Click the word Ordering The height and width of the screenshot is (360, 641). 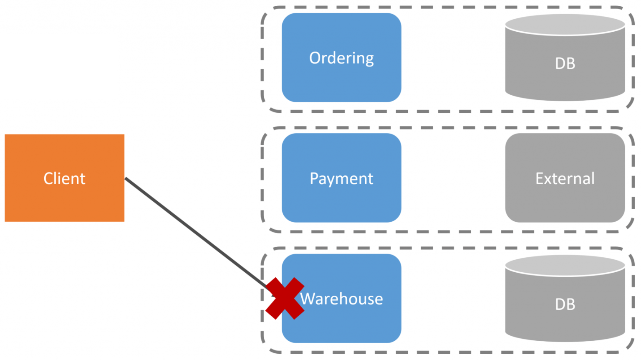[x=341, y=58]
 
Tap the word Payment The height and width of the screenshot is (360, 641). [x=341, y=179]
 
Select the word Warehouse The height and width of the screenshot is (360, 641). [x=342, y=299]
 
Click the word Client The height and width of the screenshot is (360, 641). [x=64, y=179]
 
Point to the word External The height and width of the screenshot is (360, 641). [x=565, y=179]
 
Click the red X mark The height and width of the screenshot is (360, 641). [x=285, y=299]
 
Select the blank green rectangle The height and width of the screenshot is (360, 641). [x=58, y=67]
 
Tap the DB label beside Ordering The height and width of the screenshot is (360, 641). [x=565, y=63]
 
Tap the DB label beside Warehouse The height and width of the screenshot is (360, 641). [x=565, y=304]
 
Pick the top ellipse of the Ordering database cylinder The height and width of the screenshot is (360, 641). [x=565, y=24]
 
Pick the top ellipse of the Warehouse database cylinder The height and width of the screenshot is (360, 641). [x=565, y=265]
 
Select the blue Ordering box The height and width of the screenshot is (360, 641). [x=341, y=84]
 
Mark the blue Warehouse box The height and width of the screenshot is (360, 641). [x=341, y=326]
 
